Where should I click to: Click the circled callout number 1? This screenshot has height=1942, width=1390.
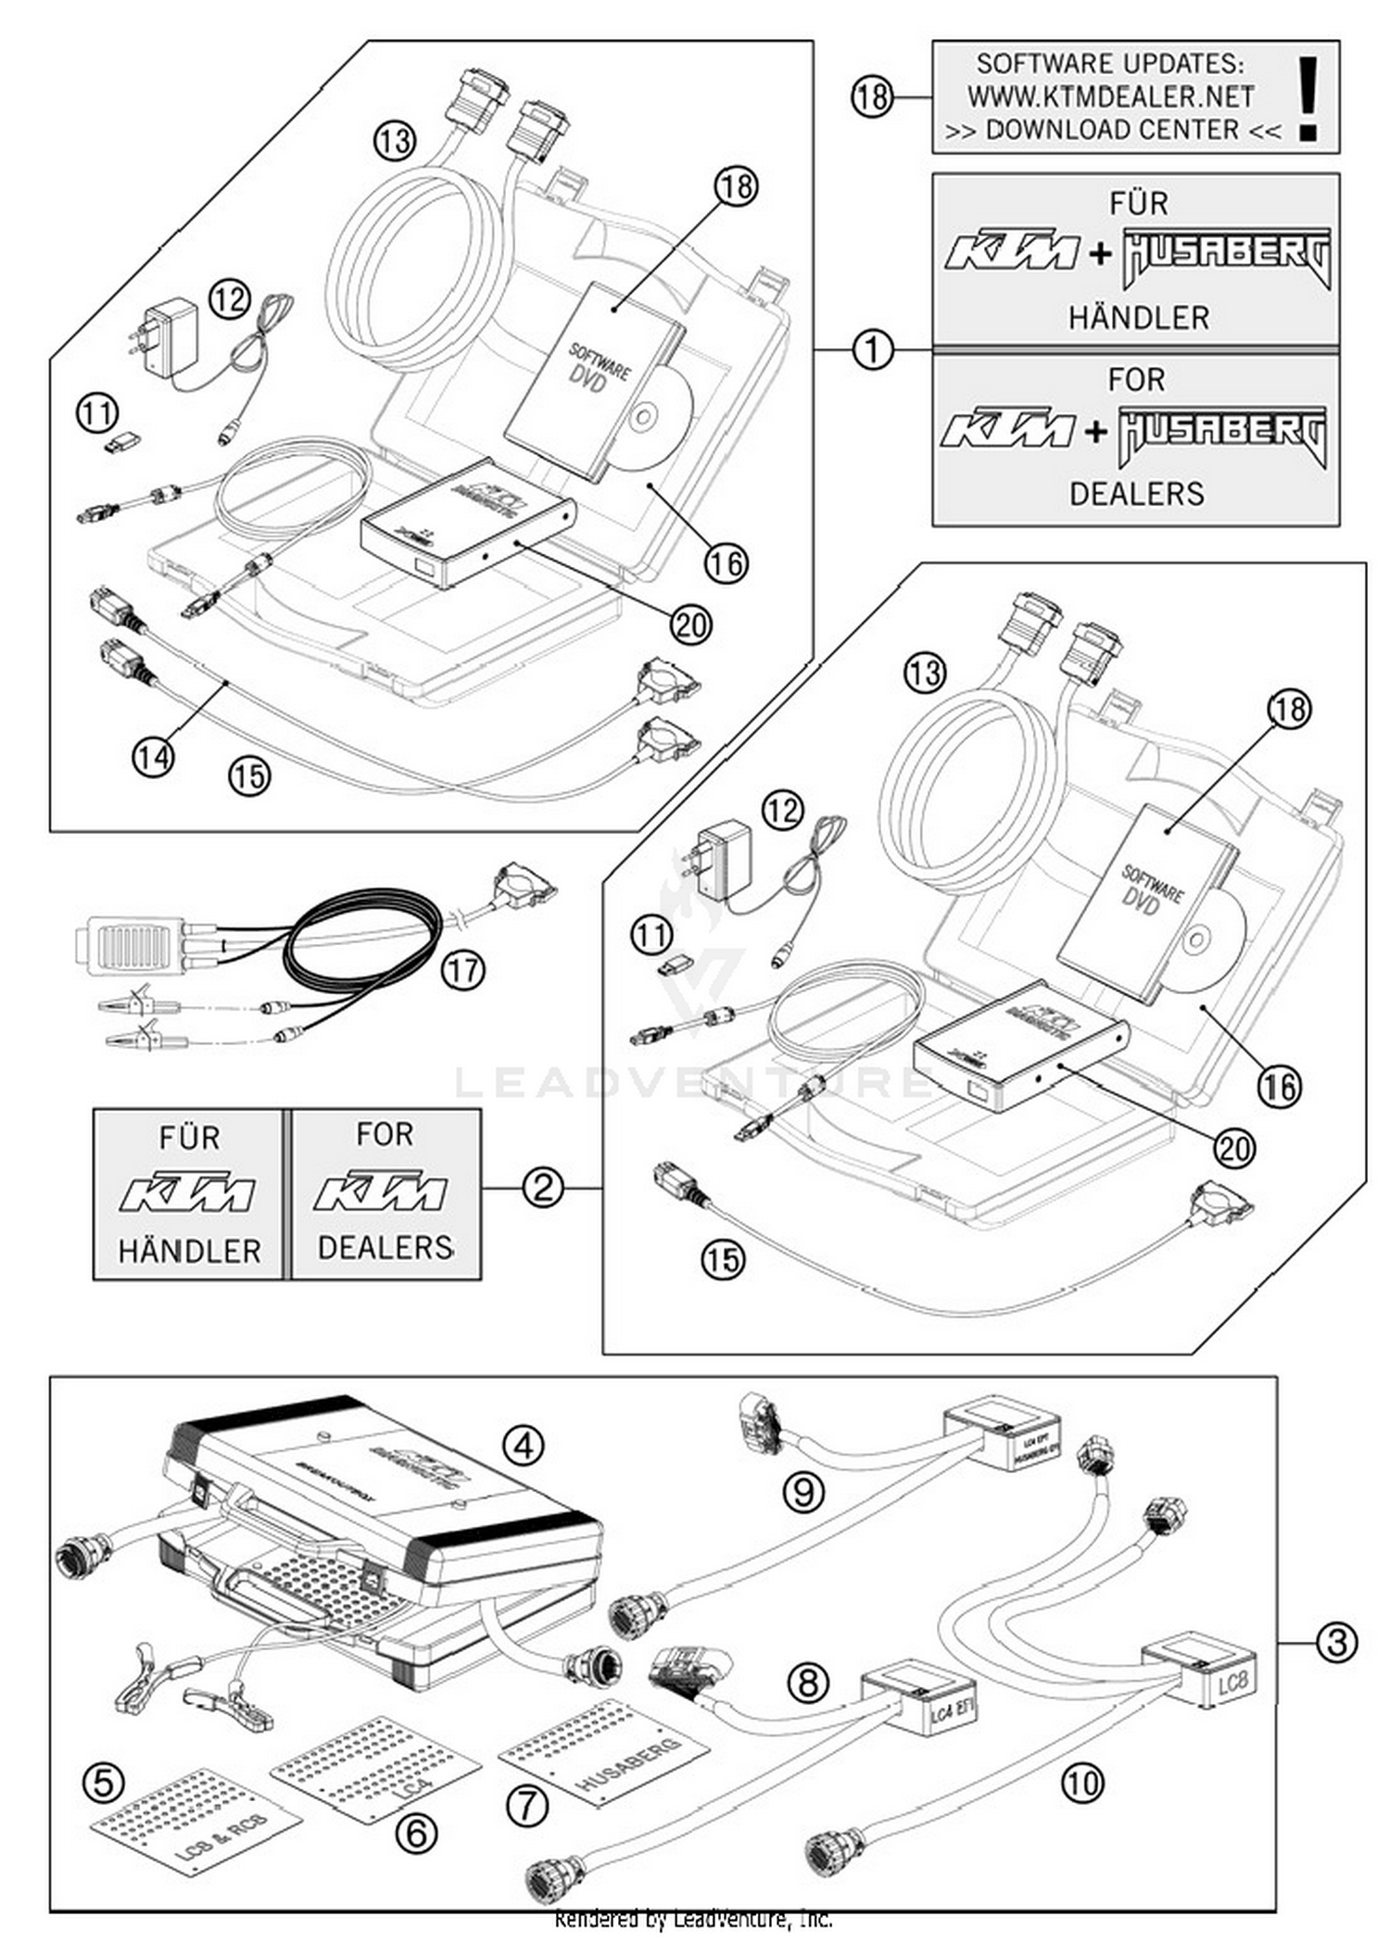coord(872,350)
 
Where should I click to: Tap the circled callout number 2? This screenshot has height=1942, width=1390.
coord(543,1187)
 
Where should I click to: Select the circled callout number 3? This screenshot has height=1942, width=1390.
coord(1336,1642)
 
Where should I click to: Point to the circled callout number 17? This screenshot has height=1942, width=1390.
coord(462,971)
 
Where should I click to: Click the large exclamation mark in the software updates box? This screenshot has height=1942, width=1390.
coord(1308,97)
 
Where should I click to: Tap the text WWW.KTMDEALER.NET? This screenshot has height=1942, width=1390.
coord(1110,96)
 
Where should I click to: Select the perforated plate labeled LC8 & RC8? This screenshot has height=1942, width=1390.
coord(197,1818)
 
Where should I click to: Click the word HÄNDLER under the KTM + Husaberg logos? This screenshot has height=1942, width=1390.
coord(1138,318)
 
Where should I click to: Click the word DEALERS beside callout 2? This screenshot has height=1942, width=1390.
coord(385,1247)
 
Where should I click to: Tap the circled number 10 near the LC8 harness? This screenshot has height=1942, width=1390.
coord(1081,1782)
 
